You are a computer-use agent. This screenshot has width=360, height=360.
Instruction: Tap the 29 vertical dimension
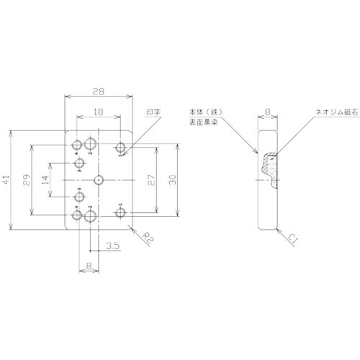pos(26,179)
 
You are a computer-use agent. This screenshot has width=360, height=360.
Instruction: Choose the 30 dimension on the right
pos(171,179)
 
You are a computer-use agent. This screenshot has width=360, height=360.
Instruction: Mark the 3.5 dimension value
pos(112,247)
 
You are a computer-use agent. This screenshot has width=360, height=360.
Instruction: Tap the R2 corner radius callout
pos(146,235)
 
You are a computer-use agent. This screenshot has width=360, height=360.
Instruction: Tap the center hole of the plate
pos(99,179)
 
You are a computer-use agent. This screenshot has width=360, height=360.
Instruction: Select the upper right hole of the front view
pos(121,149)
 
